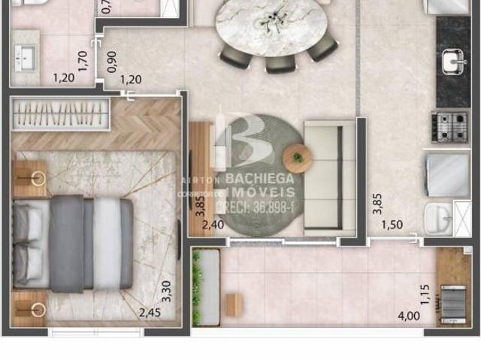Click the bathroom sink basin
click(26, 57)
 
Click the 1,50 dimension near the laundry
click(391, 225)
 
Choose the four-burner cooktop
click(449, 126)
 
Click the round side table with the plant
click(298, 158)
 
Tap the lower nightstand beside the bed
click(30, 309)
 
